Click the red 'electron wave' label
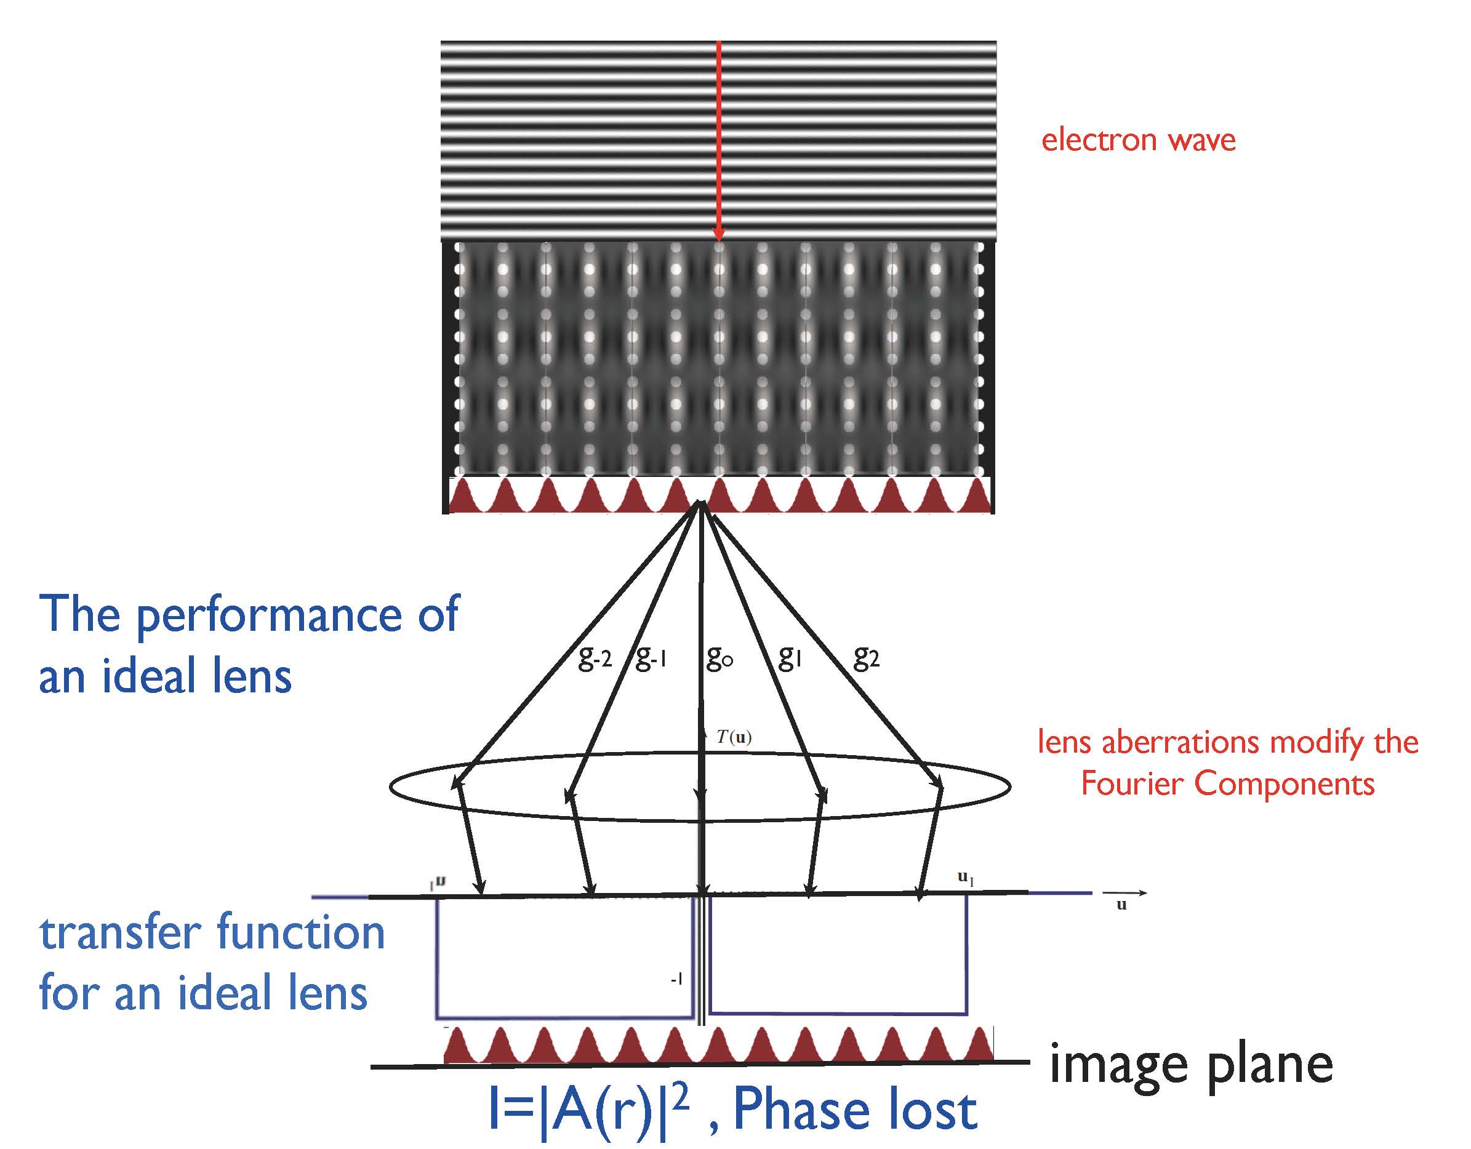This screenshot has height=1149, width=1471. click(1137, 140)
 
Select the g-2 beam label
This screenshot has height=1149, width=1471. click(595, 657)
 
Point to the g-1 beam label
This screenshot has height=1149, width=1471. click(651, 657)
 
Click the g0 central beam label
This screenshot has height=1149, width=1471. click(719, 657)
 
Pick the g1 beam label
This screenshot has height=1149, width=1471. click(790, 657)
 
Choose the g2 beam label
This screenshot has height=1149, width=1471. click(866, 657)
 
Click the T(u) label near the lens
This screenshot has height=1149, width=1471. click(734, 737)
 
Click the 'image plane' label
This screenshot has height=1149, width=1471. click(1191, 1065)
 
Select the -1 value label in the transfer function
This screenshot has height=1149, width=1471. click(676, 979)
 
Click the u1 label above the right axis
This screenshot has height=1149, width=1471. click(966, 878)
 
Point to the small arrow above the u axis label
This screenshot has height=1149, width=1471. click(1123, 893)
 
